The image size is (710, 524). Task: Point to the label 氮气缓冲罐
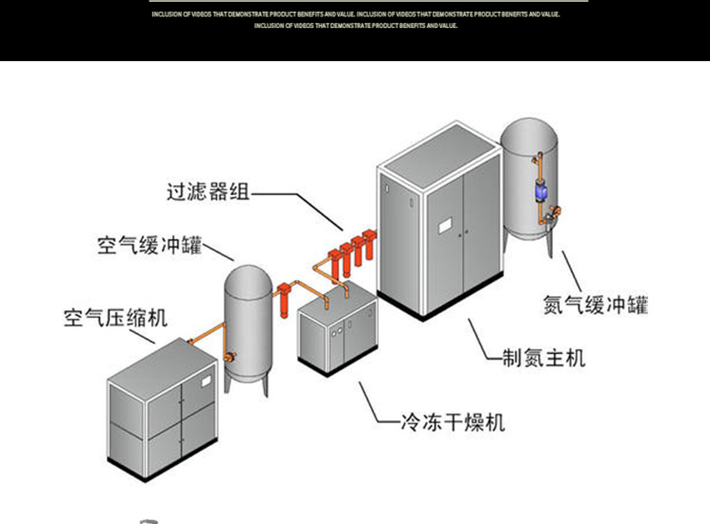click(595, 304)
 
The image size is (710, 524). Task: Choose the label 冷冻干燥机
click(452, 424)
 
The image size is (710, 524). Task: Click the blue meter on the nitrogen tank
click(541, 192)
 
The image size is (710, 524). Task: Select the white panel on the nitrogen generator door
click(445, 224)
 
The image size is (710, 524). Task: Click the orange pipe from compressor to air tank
click(202, 336)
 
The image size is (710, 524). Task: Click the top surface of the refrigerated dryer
click(337, 298)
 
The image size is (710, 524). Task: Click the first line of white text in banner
click(355, 15)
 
